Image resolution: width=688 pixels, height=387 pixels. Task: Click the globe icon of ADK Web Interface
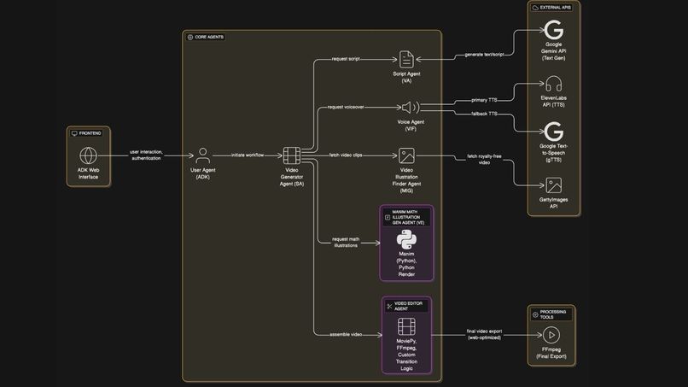[x=89, y=155]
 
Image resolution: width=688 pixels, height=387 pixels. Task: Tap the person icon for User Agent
[x=202, y=155]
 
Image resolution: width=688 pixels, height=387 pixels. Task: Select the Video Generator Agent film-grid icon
[x=292, y=155]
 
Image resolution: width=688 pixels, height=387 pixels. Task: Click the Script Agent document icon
[x=406, y=59]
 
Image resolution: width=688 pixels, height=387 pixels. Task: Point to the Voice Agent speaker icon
[x=411, y=108]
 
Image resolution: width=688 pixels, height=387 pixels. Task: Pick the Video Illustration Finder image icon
[x=406, y=155]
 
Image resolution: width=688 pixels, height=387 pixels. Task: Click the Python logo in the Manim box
[x=406, y=240]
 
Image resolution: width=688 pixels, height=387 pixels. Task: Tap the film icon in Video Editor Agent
[x=406, y=326]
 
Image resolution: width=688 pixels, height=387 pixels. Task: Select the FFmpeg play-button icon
[x=551, y=336]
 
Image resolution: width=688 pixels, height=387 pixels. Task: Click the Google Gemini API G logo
[x=554, y=31]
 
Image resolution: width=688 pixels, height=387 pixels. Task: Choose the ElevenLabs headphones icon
[x=554, y=84]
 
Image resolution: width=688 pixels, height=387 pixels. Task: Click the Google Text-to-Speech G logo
[x=554, y=132]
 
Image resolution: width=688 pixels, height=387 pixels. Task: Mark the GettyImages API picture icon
[x=554, y=185]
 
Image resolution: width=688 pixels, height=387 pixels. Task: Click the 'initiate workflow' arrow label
[x=248, y=155]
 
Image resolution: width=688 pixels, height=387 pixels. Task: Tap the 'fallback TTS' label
[x=484, y=114]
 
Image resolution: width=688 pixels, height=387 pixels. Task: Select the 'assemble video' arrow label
[x=346, y=334]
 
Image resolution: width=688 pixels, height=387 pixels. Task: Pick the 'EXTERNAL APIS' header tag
[x=555, y=7]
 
